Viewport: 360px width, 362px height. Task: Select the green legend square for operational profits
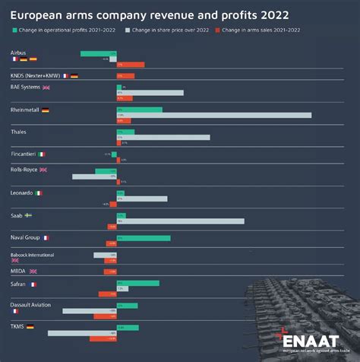(x=16, y=30)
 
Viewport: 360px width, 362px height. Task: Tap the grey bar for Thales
(x=163, y=137)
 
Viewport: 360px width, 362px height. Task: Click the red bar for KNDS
(x=125, y=76)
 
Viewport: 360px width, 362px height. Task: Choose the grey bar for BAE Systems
(x=150, y=93)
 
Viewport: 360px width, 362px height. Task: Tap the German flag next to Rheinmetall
(x=46, y=110)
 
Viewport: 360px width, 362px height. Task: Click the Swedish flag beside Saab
(x=29, y=215)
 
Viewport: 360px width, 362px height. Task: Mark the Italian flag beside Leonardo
(x=39, y=193)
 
